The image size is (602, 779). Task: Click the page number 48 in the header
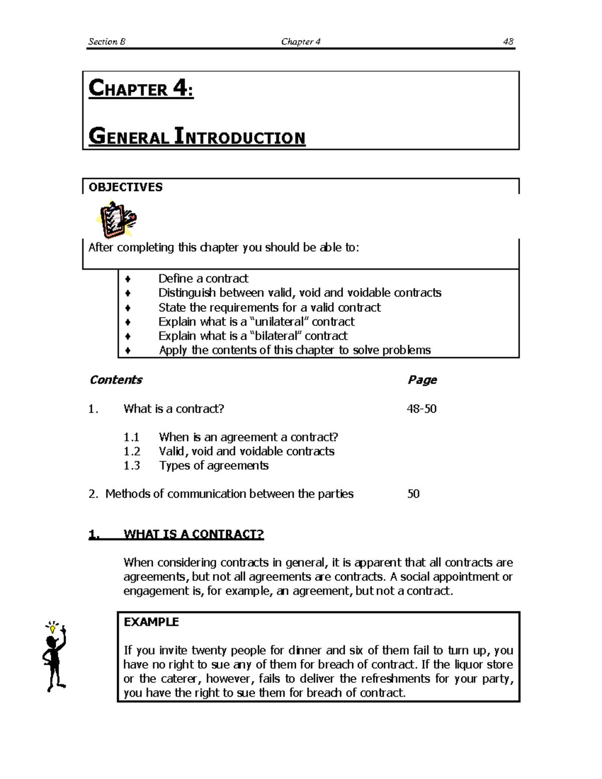point(508,42)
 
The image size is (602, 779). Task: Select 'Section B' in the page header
point(106,42)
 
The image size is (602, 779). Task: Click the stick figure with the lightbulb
point(54,657)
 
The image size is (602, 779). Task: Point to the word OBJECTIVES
point(125,187)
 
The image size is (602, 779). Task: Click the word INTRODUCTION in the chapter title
point(239,137)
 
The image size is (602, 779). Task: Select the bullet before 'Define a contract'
point(128,279)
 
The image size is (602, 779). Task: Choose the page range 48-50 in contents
point(421,409)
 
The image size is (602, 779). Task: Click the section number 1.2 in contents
point(131,451)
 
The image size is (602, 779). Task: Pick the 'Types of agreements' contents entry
point(214,465)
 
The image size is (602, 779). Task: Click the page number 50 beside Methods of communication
point(413,494)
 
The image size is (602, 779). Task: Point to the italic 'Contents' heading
point(116,380)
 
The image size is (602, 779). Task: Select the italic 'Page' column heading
point(422,380)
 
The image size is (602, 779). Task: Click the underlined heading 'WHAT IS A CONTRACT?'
point(193,534)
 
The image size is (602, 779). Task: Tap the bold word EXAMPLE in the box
point(151,622)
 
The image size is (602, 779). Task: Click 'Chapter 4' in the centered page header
point(300,42)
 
